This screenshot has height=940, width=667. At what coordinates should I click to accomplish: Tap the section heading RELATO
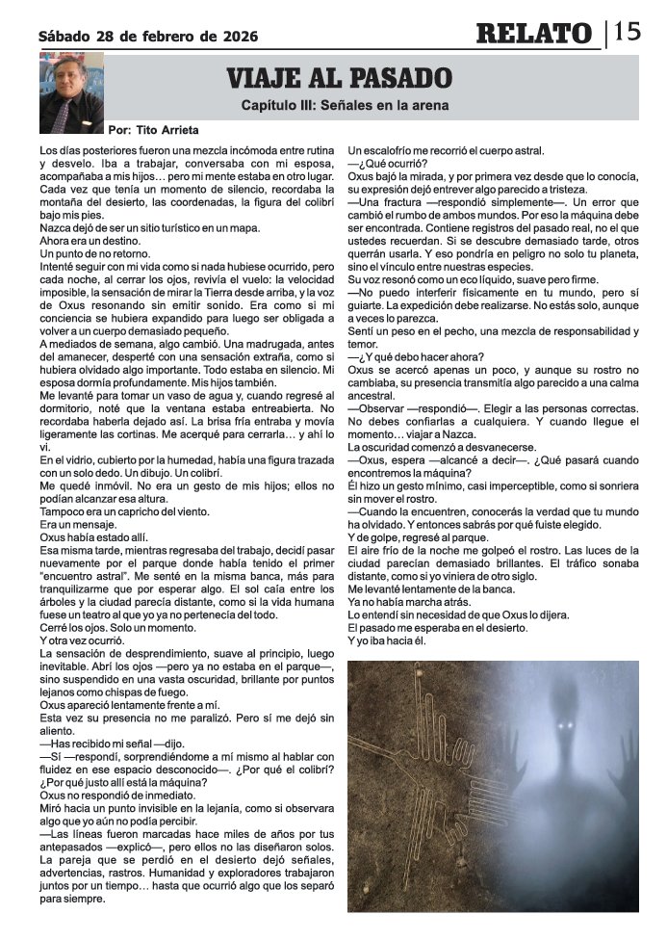[534, 34]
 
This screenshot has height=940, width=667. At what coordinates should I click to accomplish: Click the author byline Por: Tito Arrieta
[156, 128]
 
